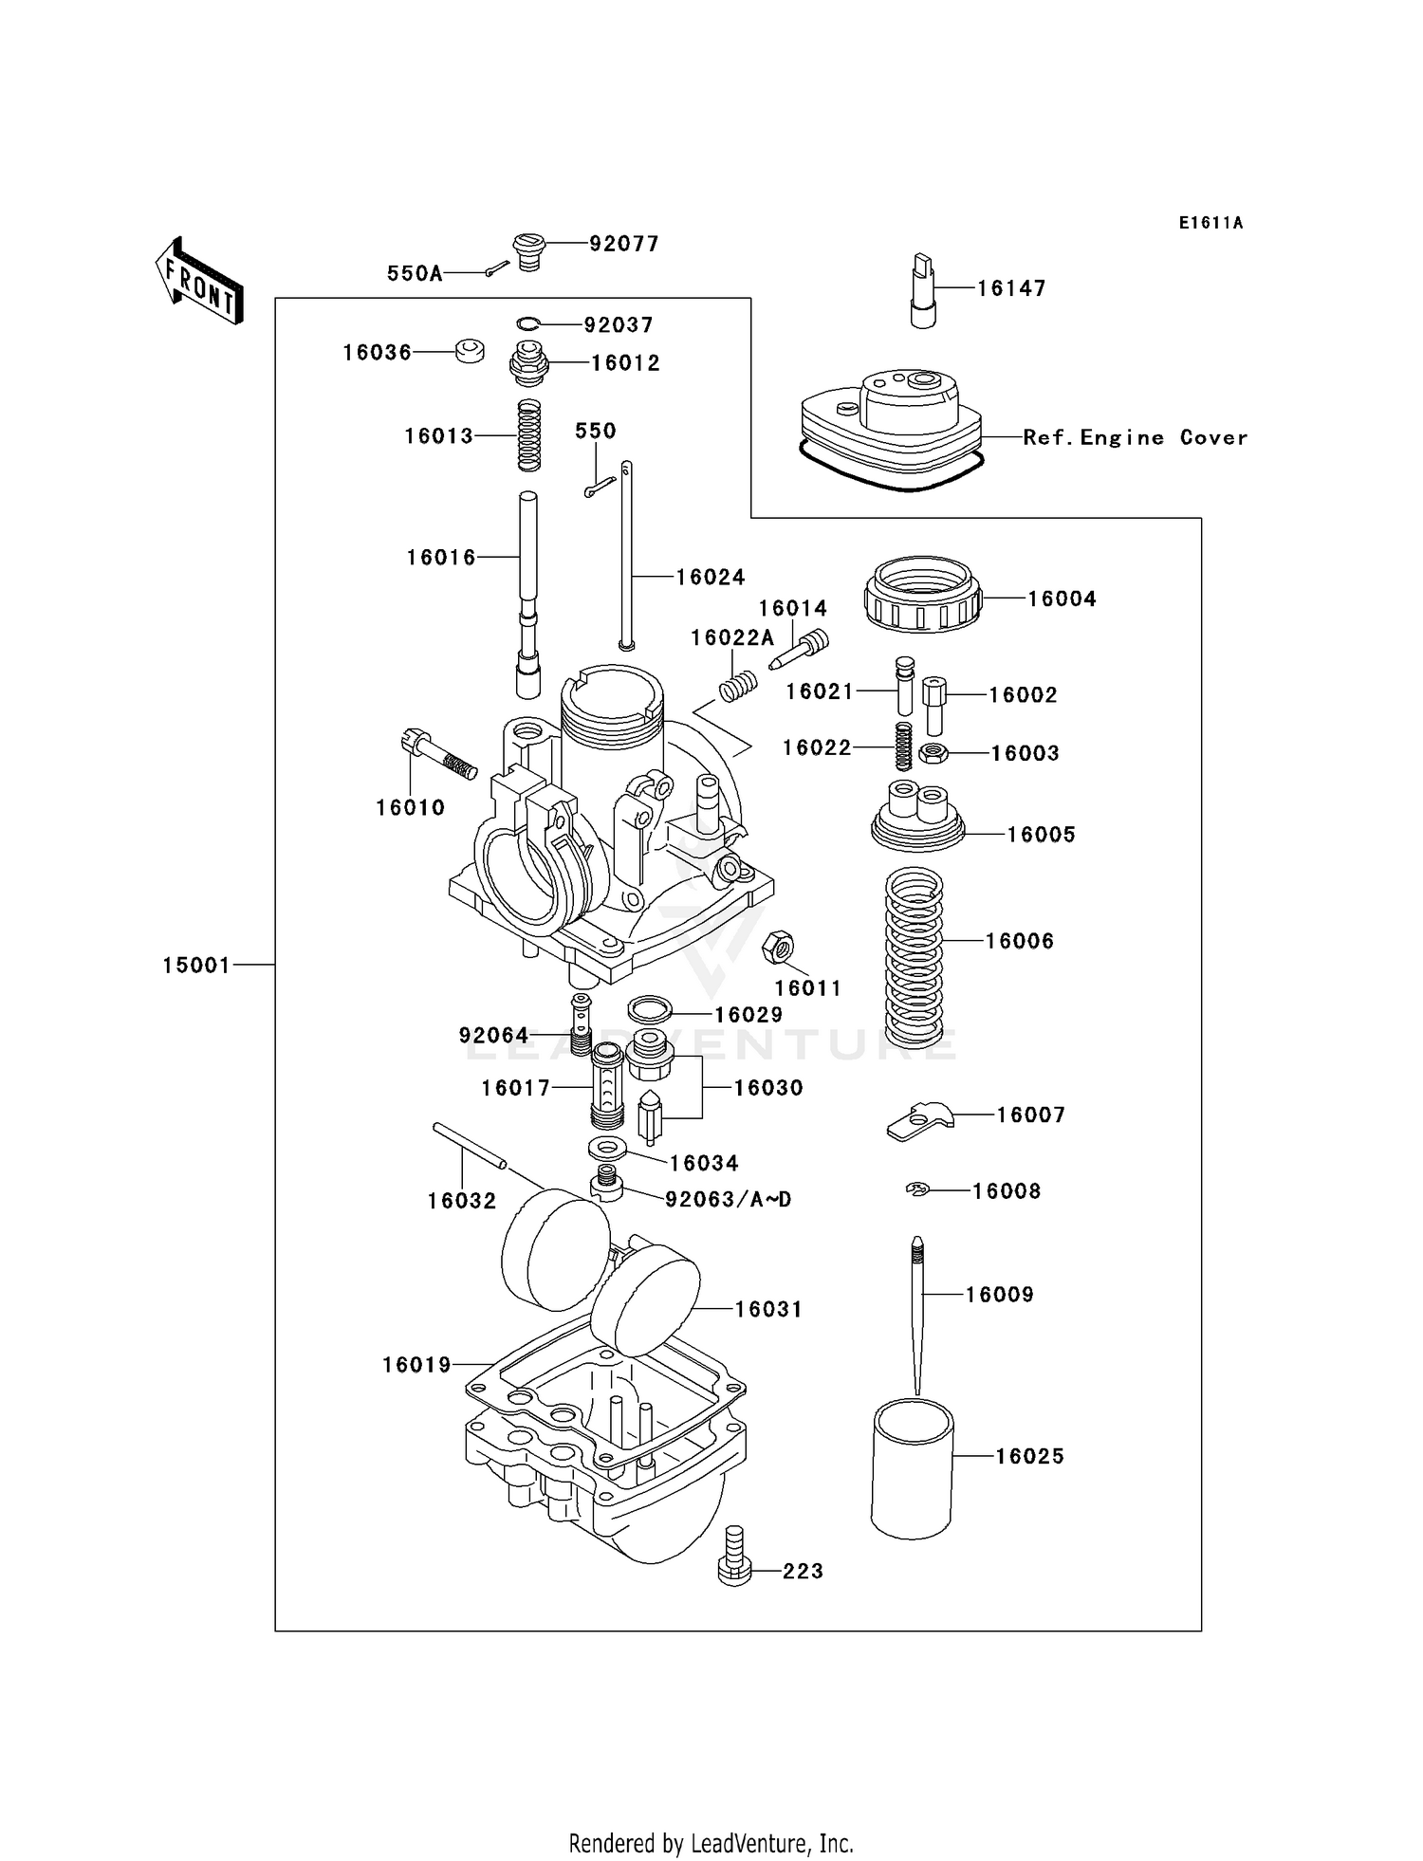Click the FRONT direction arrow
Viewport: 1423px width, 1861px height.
coord(199,281)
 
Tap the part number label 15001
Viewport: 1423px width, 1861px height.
coord(196,966)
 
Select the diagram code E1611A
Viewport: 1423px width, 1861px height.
coord(1210,223)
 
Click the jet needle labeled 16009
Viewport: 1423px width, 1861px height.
coord(917,1315)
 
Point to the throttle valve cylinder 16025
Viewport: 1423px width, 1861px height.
coord(912,1468)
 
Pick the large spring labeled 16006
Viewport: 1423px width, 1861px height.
coord(914,956)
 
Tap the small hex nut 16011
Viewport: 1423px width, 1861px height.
coord(778,946)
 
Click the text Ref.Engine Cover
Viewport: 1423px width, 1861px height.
coord(1135,437)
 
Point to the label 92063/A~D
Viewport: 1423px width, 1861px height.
coord(728,1200)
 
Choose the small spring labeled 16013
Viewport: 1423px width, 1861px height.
coord(528,435)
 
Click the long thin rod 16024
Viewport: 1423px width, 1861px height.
coord(626,555)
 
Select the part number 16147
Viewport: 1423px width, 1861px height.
coord(1011,288)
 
